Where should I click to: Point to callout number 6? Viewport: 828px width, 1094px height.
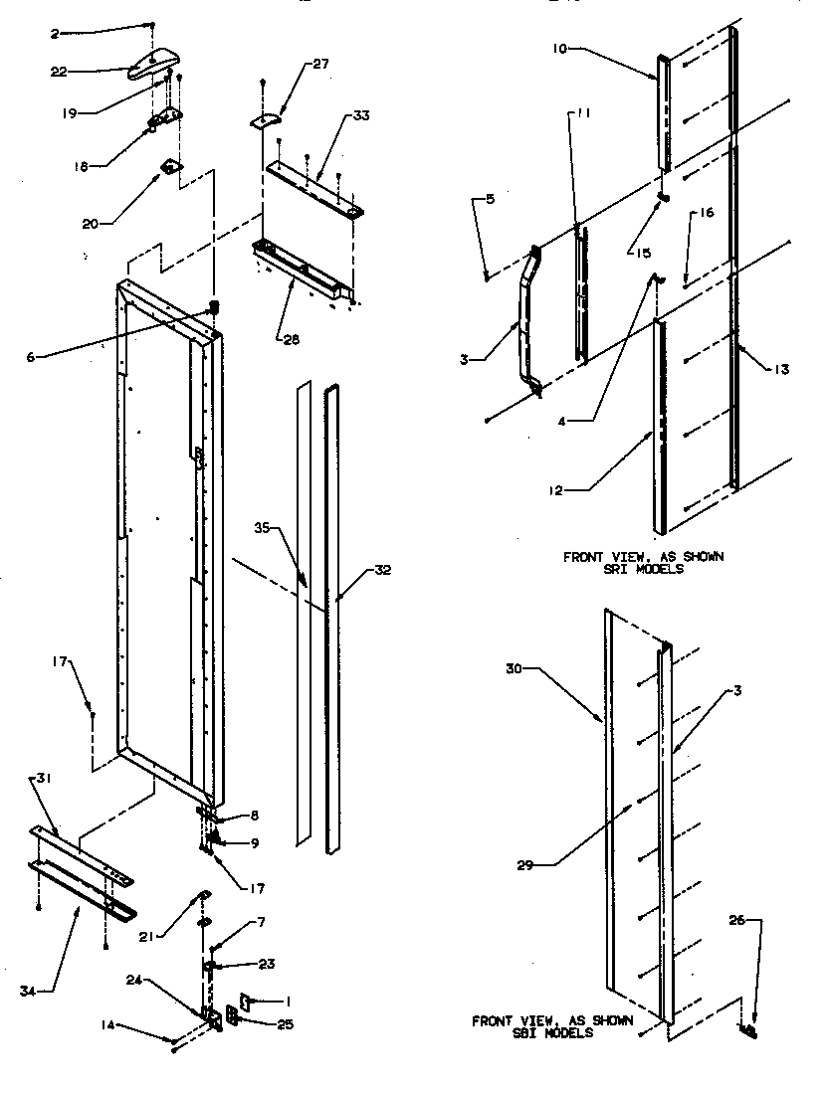pyautogui.click(x=32, y=356)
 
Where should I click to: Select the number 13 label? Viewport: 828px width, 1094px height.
pyautogui.click(x=781, y=370)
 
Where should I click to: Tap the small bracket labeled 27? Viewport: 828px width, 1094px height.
pyautogui.click(x=263, y=121)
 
